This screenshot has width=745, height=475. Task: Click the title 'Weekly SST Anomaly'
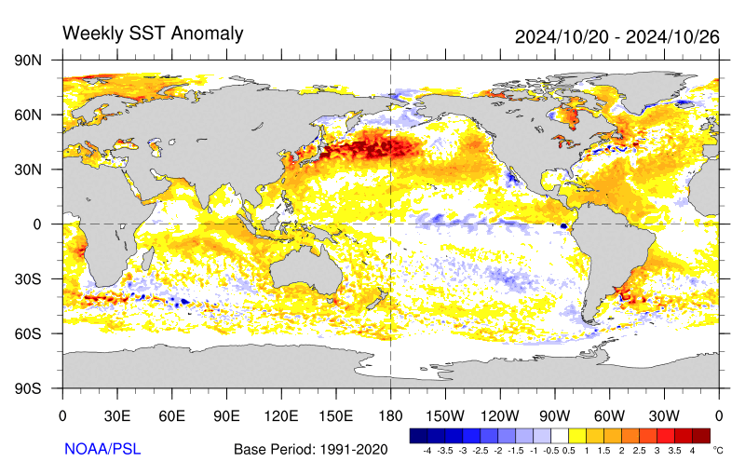153,34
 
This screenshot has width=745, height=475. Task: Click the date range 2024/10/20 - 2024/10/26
617,36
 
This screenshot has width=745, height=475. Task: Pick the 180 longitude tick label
390,415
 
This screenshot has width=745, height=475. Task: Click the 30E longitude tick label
116,415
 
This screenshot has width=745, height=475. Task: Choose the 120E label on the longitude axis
281,415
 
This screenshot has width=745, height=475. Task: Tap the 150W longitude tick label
445,415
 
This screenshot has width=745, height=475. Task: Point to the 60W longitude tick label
609,415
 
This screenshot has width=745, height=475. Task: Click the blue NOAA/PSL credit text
102,449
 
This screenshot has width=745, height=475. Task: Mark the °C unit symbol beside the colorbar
717,450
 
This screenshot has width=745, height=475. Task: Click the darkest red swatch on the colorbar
700,435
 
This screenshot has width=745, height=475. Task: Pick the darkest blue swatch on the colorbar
418,435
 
